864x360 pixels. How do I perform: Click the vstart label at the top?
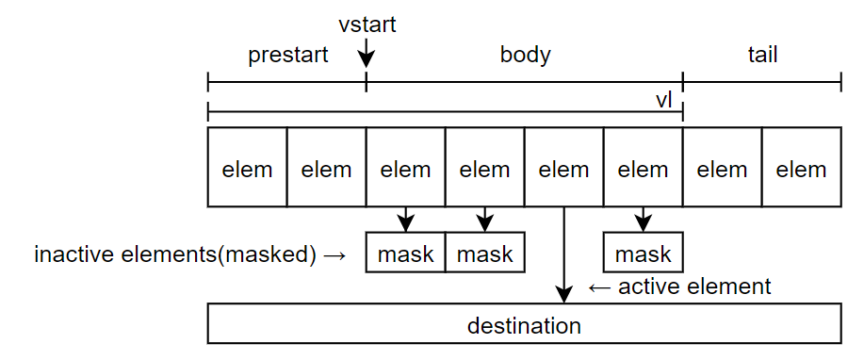click(367, 24)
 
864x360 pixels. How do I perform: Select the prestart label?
click(287, 55)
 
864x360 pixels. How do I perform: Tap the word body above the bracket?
click(525, 55)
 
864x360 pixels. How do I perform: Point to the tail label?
click(761, 55)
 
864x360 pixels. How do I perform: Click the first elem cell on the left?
click(247, 169)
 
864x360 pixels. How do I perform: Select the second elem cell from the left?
click(326, 169)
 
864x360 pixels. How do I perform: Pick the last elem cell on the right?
click(801, 169)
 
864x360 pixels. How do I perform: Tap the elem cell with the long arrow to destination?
click(563, 169)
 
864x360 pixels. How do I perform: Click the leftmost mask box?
click(405, 254)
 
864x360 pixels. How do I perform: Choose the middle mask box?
click(484, 254)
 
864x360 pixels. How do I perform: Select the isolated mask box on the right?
click(643, 254)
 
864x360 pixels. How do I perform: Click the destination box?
click(524, 326)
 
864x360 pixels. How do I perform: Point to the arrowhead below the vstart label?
click(367, 61)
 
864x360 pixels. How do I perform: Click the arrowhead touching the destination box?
click(563, 296)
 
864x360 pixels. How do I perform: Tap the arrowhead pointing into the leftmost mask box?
click(405, 224)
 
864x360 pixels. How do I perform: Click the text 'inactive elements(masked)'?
click(175, 254)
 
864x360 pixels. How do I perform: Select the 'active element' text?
click(694, 286)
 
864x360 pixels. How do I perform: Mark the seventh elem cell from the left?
click(722, 169)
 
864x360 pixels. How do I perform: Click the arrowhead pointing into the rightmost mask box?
click(643, 224)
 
